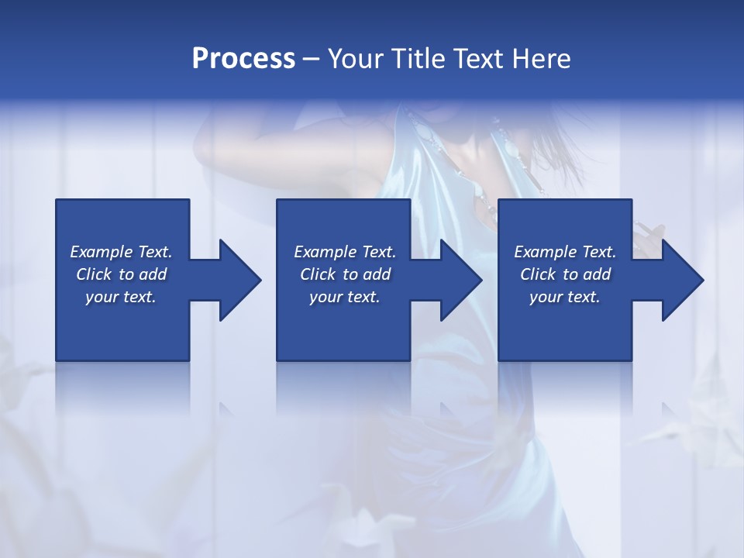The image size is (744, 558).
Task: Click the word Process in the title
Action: tap(243, 59)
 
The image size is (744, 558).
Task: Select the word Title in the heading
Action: tap(418, 59)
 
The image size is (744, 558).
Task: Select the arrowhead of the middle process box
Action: tap(460, 280)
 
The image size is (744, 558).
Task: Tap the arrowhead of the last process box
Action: tap(682, 280)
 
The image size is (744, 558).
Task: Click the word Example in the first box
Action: tap(102, 252)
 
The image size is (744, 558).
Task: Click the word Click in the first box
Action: tap(94, 274)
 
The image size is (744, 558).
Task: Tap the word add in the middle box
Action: tap(377, 274)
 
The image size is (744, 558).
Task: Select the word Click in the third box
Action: tap(538, 274)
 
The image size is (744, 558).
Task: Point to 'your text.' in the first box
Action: tap(121, 298)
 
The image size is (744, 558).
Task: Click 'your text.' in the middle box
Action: tap(345, 298)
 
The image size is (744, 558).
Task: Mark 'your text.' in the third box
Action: tap(565, 298)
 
